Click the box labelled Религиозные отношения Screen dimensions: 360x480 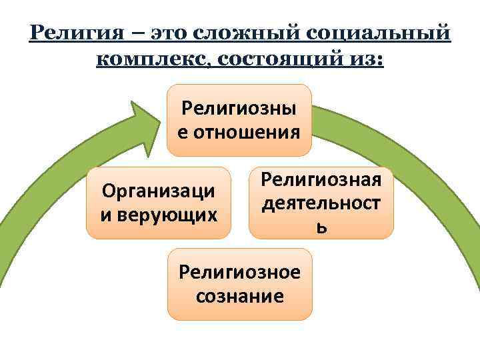(239, 121)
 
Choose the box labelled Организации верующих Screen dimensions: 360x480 (158, 203)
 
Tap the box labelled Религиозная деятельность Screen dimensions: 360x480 (321, 203)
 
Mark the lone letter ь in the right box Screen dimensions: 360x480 (321, 229)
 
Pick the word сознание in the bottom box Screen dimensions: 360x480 (240, 296)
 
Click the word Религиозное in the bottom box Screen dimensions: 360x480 (239, 272)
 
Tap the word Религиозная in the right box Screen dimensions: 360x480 (321, 179)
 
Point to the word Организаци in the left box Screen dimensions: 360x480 (158, 191)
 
